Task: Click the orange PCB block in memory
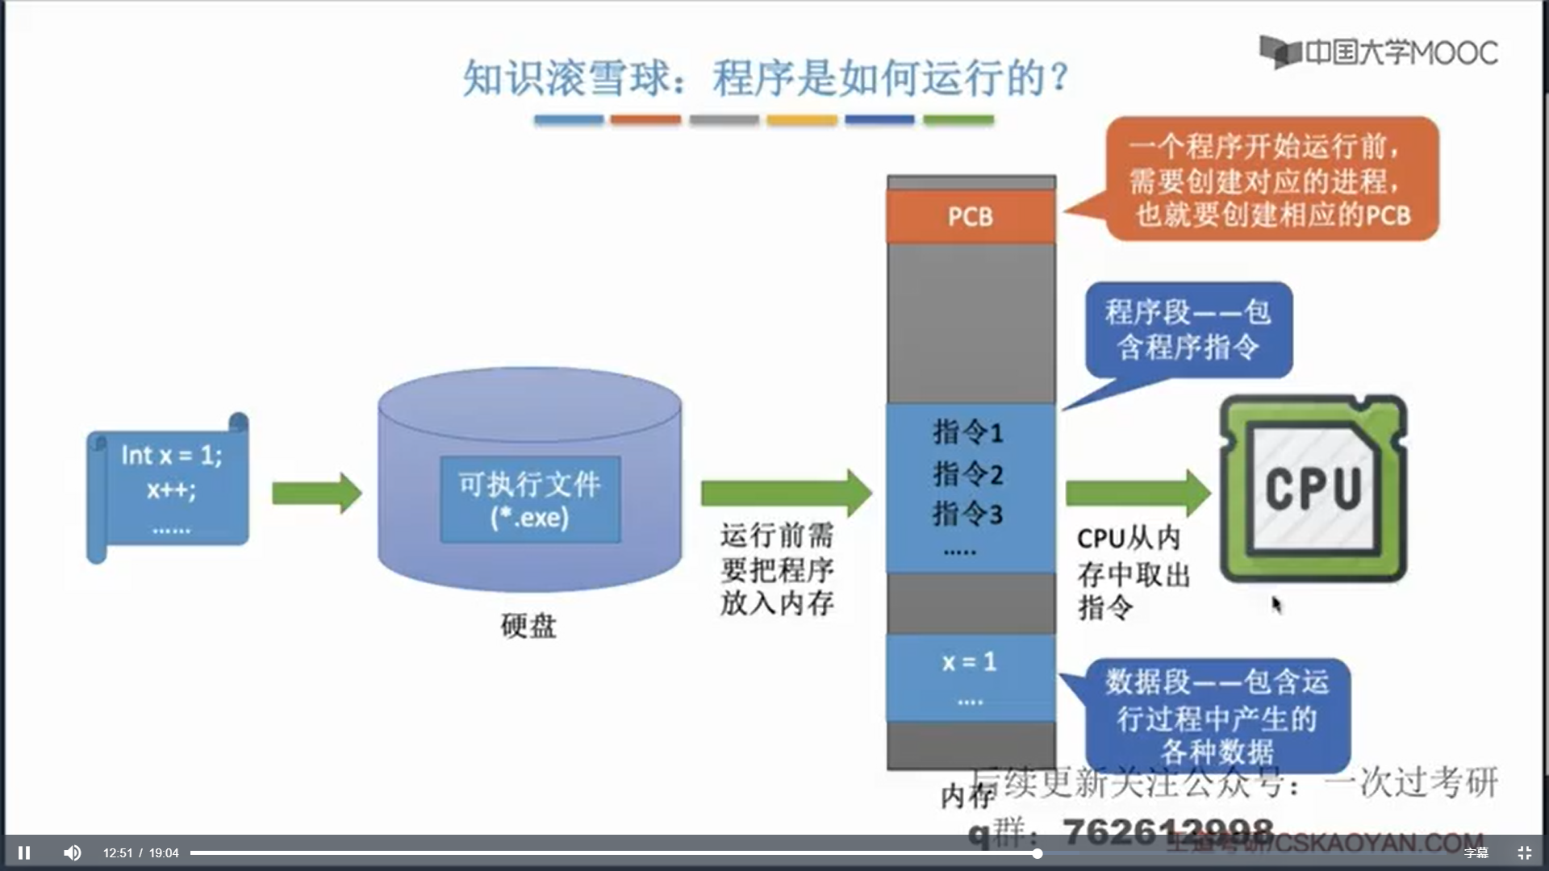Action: coord(971,216)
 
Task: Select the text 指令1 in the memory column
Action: coord(967,432)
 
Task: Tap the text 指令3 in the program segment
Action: coord(967,514)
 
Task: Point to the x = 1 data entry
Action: coord(969,662)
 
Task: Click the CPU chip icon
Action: coord(1313,489)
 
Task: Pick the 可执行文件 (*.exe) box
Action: coord(530,499)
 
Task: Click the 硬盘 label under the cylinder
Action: coord(528,626)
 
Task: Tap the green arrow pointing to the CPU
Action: coord(1138,493)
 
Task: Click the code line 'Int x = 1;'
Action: coord(171,456)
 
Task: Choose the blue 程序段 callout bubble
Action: coord(1188,330)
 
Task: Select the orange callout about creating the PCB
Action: coord(1271,179)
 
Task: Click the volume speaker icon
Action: coord(73,852)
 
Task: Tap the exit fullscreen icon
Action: coord(1524,852)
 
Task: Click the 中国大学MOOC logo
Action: coord(1379,52)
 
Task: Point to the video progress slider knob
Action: coord(1038,852)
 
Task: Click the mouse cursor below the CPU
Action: coord(1276,604)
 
